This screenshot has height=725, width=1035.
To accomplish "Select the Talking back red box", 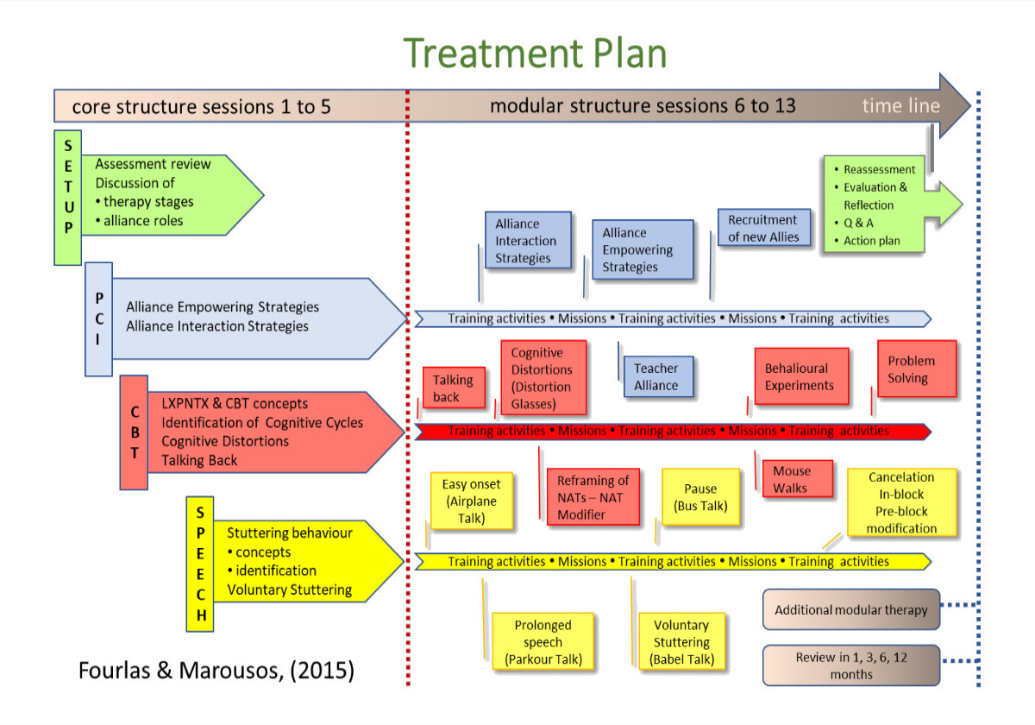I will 453,388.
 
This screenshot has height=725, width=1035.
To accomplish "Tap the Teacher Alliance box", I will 656,377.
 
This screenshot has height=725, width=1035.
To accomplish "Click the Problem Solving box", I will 917,369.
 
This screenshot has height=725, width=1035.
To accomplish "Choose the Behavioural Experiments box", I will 801,376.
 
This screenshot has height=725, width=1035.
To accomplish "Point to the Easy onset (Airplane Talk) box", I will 471,501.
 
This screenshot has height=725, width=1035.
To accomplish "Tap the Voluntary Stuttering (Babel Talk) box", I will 681,642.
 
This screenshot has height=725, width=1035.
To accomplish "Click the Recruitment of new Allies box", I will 764,229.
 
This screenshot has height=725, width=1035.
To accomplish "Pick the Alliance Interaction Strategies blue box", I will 527,241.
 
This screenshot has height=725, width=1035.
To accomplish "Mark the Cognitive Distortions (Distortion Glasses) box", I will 543,378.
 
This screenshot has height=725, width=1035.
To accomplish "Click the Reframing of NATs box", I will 593,497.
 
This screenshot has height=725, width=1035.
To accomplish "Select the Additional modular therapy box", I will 851,609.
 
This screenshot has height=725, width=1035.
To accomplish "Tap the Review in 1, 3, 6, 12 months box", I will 851,665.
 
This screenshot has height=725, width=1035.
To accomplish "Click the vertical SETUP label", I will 67,197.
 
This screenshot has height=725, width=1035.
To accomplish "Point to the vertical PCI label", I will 98,320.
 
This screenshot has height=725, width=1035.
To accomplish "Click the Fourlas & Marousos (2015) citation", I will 216,671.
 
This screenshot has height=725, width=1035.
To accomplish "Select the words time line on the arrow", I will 900,106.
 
